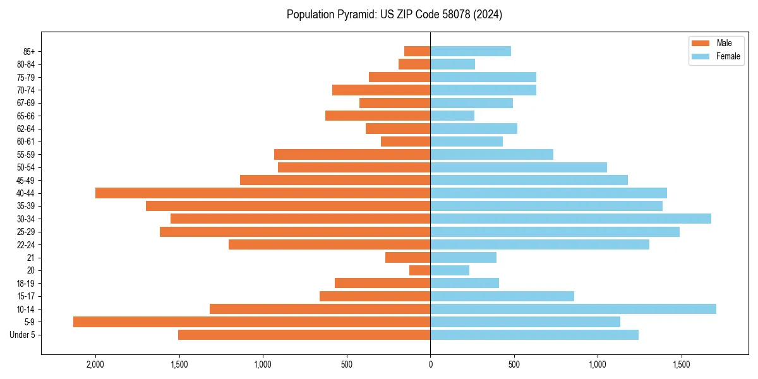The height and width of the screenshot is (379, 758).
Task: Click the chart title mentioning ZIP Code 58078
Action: point(394,15)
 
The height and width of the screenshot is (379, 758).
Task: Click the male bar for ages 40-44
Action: point(263,193)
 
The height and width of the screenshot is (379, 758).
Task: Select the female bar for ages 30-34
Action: point(570,219)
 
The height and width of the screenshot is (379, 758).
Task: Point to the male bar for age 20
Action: point(419,270)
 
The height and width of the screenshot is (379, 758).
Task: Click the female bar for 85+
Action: point(471,51)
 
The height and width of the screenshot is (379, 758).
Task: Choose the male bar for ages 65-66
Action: point(378,116)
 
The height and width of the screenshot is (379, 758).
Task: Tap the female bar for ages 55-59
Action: point(491,154)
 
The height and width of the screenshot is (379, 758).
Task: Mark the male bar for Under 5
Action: point(304,335)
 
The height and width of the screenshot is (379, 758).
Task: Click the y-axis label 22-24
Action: point(26,244)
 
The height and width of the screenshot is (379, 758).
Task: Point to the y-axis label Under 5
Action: point(23,335)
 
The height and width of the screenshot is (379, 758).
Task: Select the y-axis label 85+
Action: point(29,51)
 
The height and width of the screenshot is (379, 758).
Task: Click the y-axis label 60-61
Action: point(26,141)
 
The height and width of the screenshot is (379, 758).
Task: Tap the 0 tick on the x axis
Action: point(430,364)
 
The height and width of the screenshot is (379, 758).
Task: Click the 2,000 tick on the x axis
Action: point(95,364)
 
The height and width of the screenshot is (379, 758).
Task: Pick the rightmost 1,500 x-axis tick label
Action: point(681,364)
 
